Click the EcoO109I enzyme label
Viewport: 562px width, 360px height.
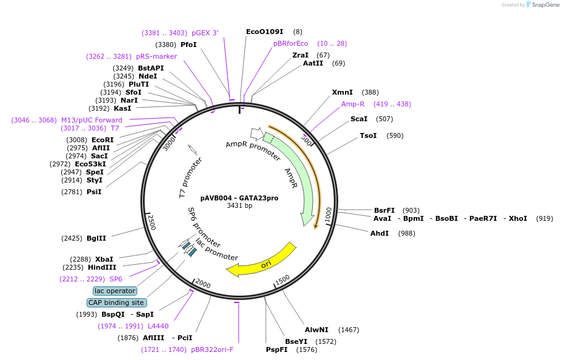click(264, 32)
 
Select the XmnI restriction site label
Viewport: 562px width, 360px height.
click(343, 92)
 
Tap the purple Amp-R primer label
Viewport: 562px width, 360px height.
click(353, 104)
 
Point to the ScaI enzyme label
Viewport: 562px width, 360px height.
click(359, 119)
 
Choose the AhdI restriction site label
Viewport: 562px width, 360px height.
click(380, 233)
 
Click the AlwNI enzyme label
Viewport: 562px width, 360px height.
click(317, 330)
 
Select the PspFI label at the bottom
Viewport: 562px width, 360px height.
click(276, 349)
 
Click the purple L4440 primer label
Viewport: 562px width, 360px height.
click(158, 326)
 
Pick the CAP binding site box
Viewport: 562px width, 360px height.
click(117, 302)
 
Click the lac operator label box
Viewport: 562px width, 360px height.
click(115, 291)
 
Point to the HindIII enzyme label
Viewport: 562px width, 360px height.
click(102, 267)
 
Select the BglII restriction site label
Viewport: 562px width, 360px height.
click(96, 238)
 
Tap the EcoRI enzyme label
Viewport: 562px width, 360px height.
click(103, 140)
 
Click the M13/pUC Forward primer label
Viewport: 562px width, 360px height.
click(92, 120)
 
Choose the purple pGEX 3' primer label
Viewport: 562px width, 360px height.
click(205, 33)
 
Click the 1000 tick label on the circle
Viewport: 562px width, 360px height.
click(328, 215)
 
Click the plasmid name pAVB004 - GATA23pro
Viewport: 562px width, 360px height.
click(239, 198)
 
